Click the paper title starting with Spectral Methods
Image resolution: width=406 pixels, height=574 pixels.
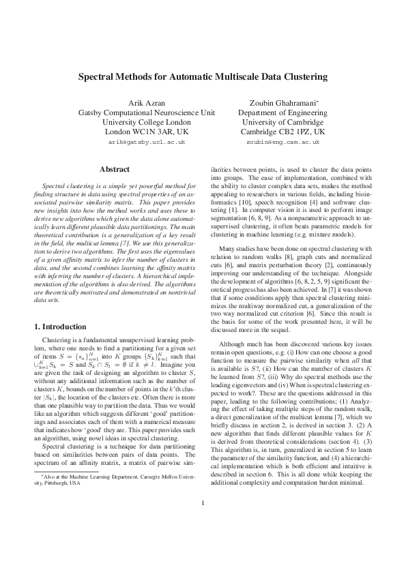pos(203,78)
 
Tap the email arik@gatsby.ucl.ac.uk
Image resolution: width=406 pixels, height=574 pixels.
pos(147,142)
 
